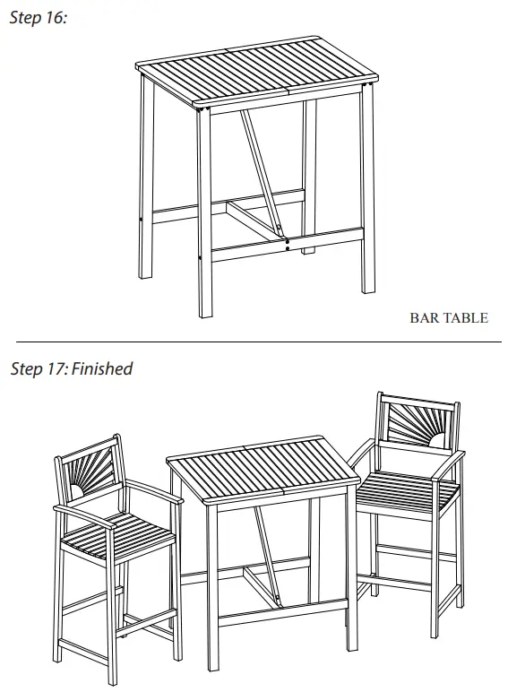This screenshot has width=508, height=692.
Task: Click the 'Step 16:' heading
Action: [39, 19]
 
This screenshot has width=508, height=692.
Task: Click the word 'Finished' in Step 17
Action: [102, 368]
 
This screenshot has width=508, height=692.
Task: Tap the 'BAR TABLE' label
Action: [448, 317]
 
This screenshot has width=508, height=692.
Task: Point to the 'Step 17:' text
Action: [39, 368]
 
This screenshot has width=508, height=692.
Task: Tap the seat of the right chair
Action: [408, 491]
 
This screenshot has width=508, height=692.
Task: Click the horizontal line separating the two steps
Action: [254, 341]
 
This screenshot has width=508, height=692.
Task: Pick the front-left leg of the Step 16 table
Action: [204, 215]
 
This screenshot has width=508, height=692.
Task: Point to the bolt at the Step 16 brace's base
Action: [287, 240]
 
